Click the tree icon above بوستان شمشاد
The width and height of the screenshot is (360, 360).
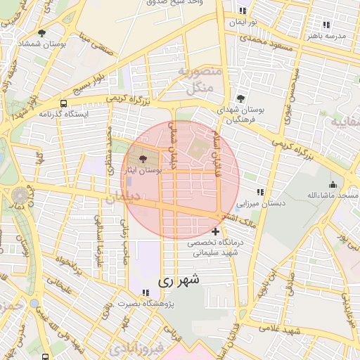[x=41, y=33]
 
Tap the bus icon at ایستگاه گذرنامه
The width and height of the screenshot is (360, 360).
[x=64, y=104]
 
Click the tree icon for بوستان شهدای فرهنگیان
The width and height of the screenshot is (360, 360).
[x=241, y=99]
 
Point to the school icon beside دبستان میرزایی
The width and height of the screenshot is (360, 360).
[x=260, y=192]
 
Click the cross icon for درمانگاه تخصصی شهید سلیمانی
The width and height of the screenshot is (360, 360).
[x=215, y=231]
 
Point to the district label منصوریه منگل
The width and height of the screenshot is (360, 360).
[x=199, y=80]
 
